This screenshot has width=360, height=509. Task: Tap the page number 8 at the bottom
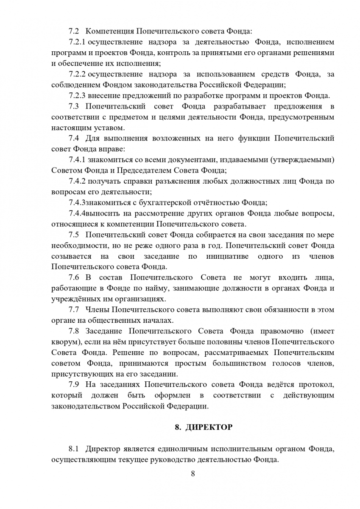[x=193, y=474]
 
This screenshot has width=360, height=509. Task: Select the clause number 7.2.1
[x=77, y=42]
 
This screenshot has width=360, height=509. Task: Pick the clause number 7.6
[x=74, y=277]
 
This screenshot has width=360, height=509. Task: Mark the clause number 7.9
[x=74, y=385]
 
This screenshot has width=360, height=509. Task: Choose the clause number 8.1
[x=74, y=449]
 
